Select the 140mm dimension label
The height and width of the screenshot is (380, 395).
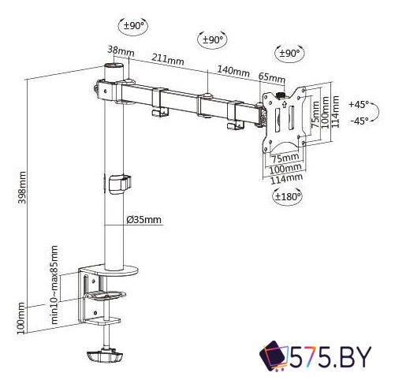pyautogui.click(x=233, y=72)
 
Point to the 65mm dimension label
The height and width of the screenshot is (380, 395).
pyautogui.click(x=272, y=77)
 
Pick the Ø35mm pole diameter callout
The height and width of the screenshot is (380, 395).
pyautogui.click(x=144, y=220)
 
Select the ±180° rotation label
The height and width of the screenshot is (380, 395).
pyautogui.click(x=289, y=197)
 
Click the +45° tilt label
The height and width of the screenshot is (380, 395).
pyautogui.click(x=358, y=104)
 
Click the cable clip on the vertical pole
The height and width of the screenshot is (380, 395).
pyautogui.click(x=118, y=182)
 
